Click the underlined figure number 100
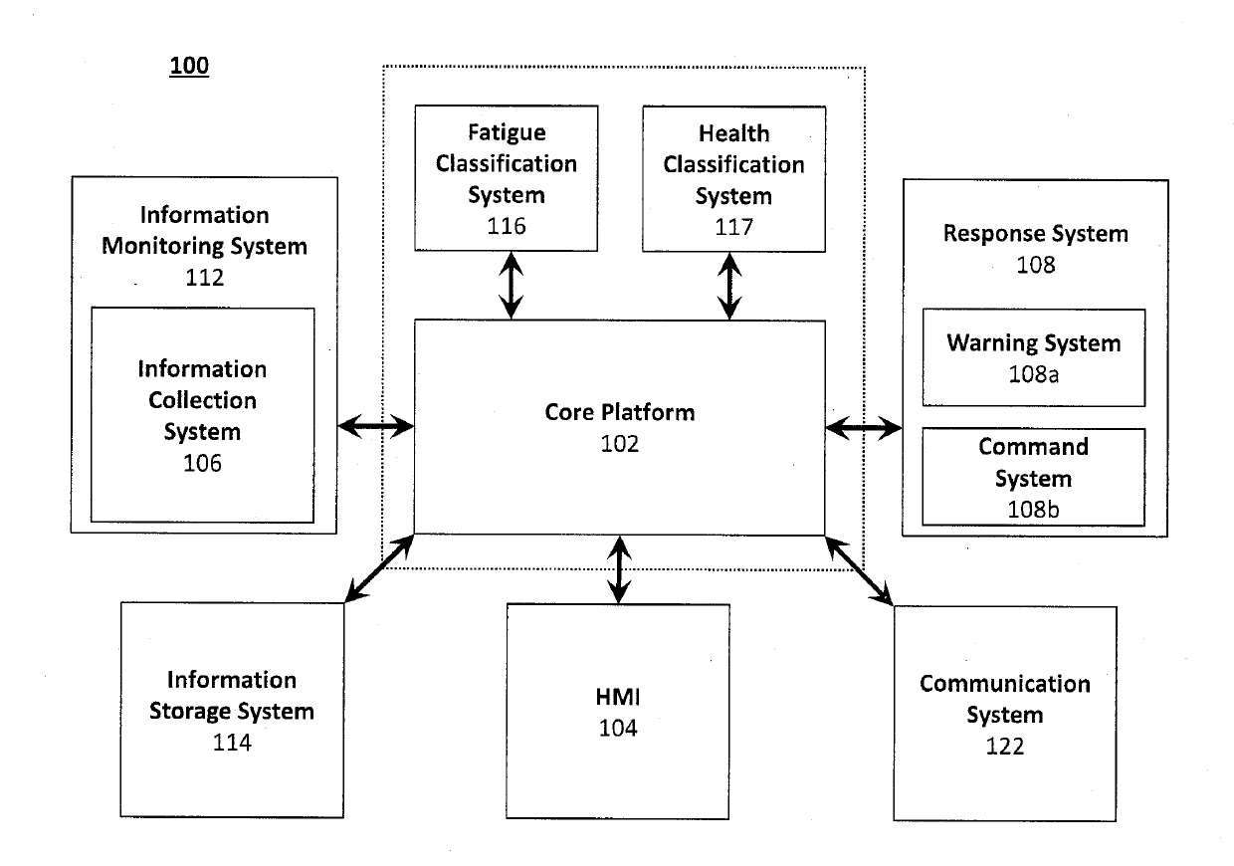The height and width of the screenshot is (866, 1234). [189, 66]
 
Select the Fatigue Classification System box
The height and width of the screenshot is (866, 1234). [507, 178]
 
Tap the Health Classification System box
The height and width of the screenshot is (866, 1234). [733, 179]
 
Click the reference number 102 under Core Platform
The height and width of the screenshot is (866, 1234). [620, 444]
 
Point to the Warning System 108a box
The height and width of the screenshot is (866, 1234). [1034, 357]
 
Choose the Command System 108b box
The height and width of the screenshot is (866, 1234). [1033, 477]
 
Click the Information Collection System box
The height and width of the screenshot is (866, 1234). [203, 415]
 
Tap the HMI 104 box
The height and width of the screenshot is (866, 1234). [618, 711]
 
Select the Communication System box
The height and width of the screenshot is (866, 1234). [1005, 714]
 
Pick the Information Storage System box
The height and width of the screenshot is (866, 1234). [232, 710]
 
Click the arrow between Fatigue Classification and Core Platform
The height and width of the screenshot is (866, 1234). [512, 286]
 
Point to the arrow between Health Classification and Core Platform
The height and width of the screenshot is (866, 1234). [729, 287]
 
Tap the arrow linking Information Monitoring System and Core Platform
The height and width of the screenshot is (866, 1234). [376, 426]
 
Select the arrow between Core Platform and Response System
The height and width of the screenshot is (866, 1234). [864, 427]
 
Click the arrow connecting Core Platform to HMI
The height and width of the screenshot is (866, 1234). [619, 569]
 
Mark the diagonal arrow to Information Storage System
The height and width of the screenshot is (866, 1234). [379, 568]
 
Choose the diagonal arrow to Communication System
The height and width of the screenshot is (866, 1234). [859, 571]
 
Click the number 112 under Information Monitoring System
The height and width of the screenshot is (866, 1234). [204, 277]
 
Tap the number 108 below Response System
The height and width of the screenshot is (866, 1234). [1036, 265]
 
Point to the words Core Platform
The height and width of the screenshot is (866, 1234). [620, 412]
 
